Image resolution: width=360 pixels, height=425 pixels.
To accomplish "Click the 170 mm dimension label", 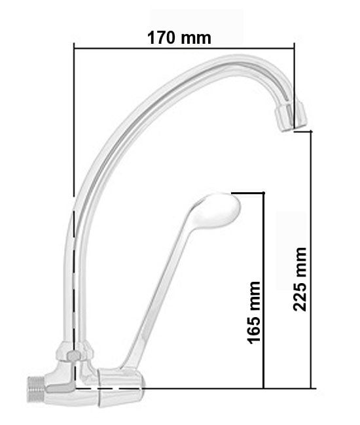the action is pos(179,38).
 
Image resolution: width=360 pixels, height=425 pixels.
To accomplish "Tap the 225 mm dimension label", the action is pos(300,279).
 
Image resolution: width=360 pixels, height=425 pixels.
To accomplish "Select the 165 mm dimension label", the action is pos(254,313).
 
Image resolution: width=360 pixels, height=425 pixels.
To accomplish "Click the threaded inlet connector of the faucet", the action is pos(35,388).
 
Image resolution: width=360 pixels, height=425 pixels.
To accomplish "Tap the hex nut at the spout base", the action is pos(75,352).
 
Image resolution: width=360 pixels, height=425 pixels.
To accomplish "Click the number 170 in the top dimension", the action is pos(161,38).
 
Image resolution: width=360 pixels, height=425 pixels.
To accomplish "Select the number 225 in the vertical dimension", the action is pos(300,296).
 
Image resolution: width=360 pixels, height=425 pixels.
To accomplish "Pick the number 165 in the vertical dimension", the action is pos(254,328).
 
